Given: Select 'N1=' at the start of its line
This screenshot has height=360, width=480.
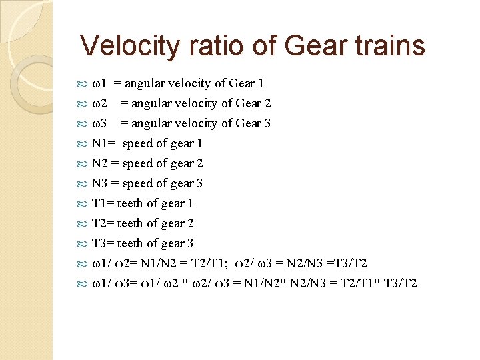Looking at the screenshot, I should (x=103, y=143).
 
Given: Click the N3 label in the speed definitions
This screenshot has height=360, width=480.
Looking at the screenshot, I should (x=99, y=183).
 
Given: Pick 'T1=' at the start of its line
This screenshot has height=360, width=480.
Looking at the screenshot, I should (x=103, y=203).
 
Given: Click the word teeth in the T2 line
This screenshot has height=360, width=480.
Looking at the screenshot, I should (x=130, y=223).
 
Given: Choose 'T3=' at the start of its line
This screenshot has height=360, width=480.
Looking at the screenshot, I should (x=103, y=243).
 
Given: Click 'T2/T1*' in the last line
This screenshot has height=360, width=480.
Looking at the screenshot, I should (x=357, y=283).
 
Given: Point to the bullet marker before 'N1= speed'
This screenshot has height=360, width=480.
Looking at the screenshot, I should (x=83, y=143).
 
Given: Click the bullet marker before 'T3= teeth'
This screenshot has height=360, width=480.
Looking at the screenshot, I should (x=83, y=243).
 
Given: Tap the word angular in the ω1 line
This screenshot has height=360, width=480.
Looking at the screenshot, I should (x=145, y=83).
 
